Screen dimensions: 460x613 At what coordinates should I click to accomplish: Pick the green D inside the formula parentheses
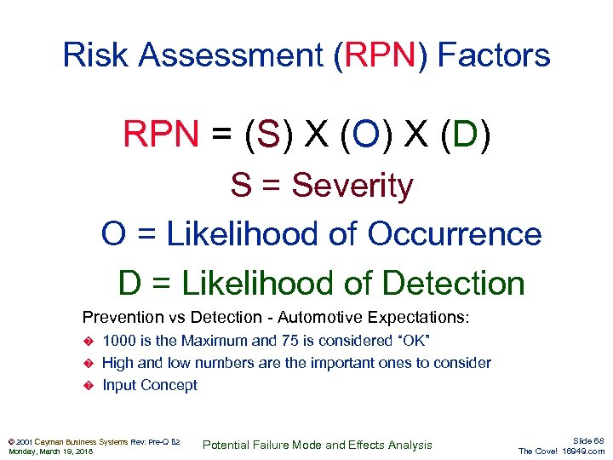tap(467, 135)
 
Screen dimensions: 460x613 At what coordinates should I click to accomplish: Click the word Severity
tap(352, 186)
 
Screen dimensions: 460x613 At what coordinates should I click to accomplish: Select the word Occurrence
tap(455, 234)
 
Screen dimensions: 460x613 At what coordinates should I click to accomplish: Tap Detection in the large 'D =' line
tap(453, 284)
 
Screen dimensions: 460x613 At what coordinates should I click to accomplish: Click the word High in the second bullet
tap(118, 363)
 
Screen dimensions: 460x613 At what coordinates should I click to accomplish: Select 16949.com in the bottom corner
tap(584, 451)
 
